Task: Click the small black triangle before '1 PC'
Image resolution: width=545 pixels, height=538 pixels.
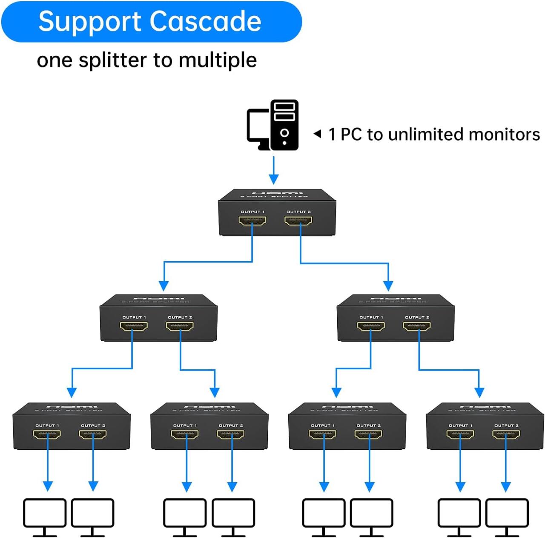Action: [x=317, y=134]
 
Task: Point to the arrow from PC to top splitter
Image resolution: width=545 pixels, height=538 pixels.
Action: [x=274, y=171]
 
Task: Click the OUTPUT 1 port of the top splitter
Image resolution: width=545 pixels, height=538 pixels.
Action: [x=252, y=221]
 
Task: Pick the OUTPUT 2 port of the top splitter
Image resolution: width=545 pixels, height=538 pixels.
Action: [x=298, y=221]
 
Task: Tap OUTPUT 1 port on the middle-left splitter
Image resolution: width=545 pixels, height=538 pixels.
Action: [x=134, y=327]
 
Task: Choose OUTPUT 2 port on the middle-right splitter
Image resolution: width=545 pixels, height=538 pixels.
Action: [x=416, y=327]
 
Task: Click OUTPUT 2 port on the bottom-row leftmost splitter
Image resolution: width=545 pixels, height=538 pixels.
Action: [x=92, y=434]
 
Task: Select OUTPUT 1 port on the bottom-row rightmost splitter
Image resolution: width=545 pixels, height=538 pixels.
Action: [x=460, y=434]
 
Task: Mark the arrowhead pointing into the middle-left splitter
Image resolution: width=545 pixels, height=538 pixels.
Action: [x=164, y=286]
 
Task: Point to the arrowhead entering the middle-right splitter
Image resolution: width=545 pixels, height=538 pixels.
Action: [x=388, y=286]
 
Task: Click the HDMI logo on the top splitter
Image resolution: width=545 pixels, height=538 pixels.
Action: [x=277, y=193]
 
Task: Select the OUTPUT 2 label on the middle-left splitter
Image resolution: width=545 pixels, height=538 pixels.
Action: [x=180, y=317]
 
